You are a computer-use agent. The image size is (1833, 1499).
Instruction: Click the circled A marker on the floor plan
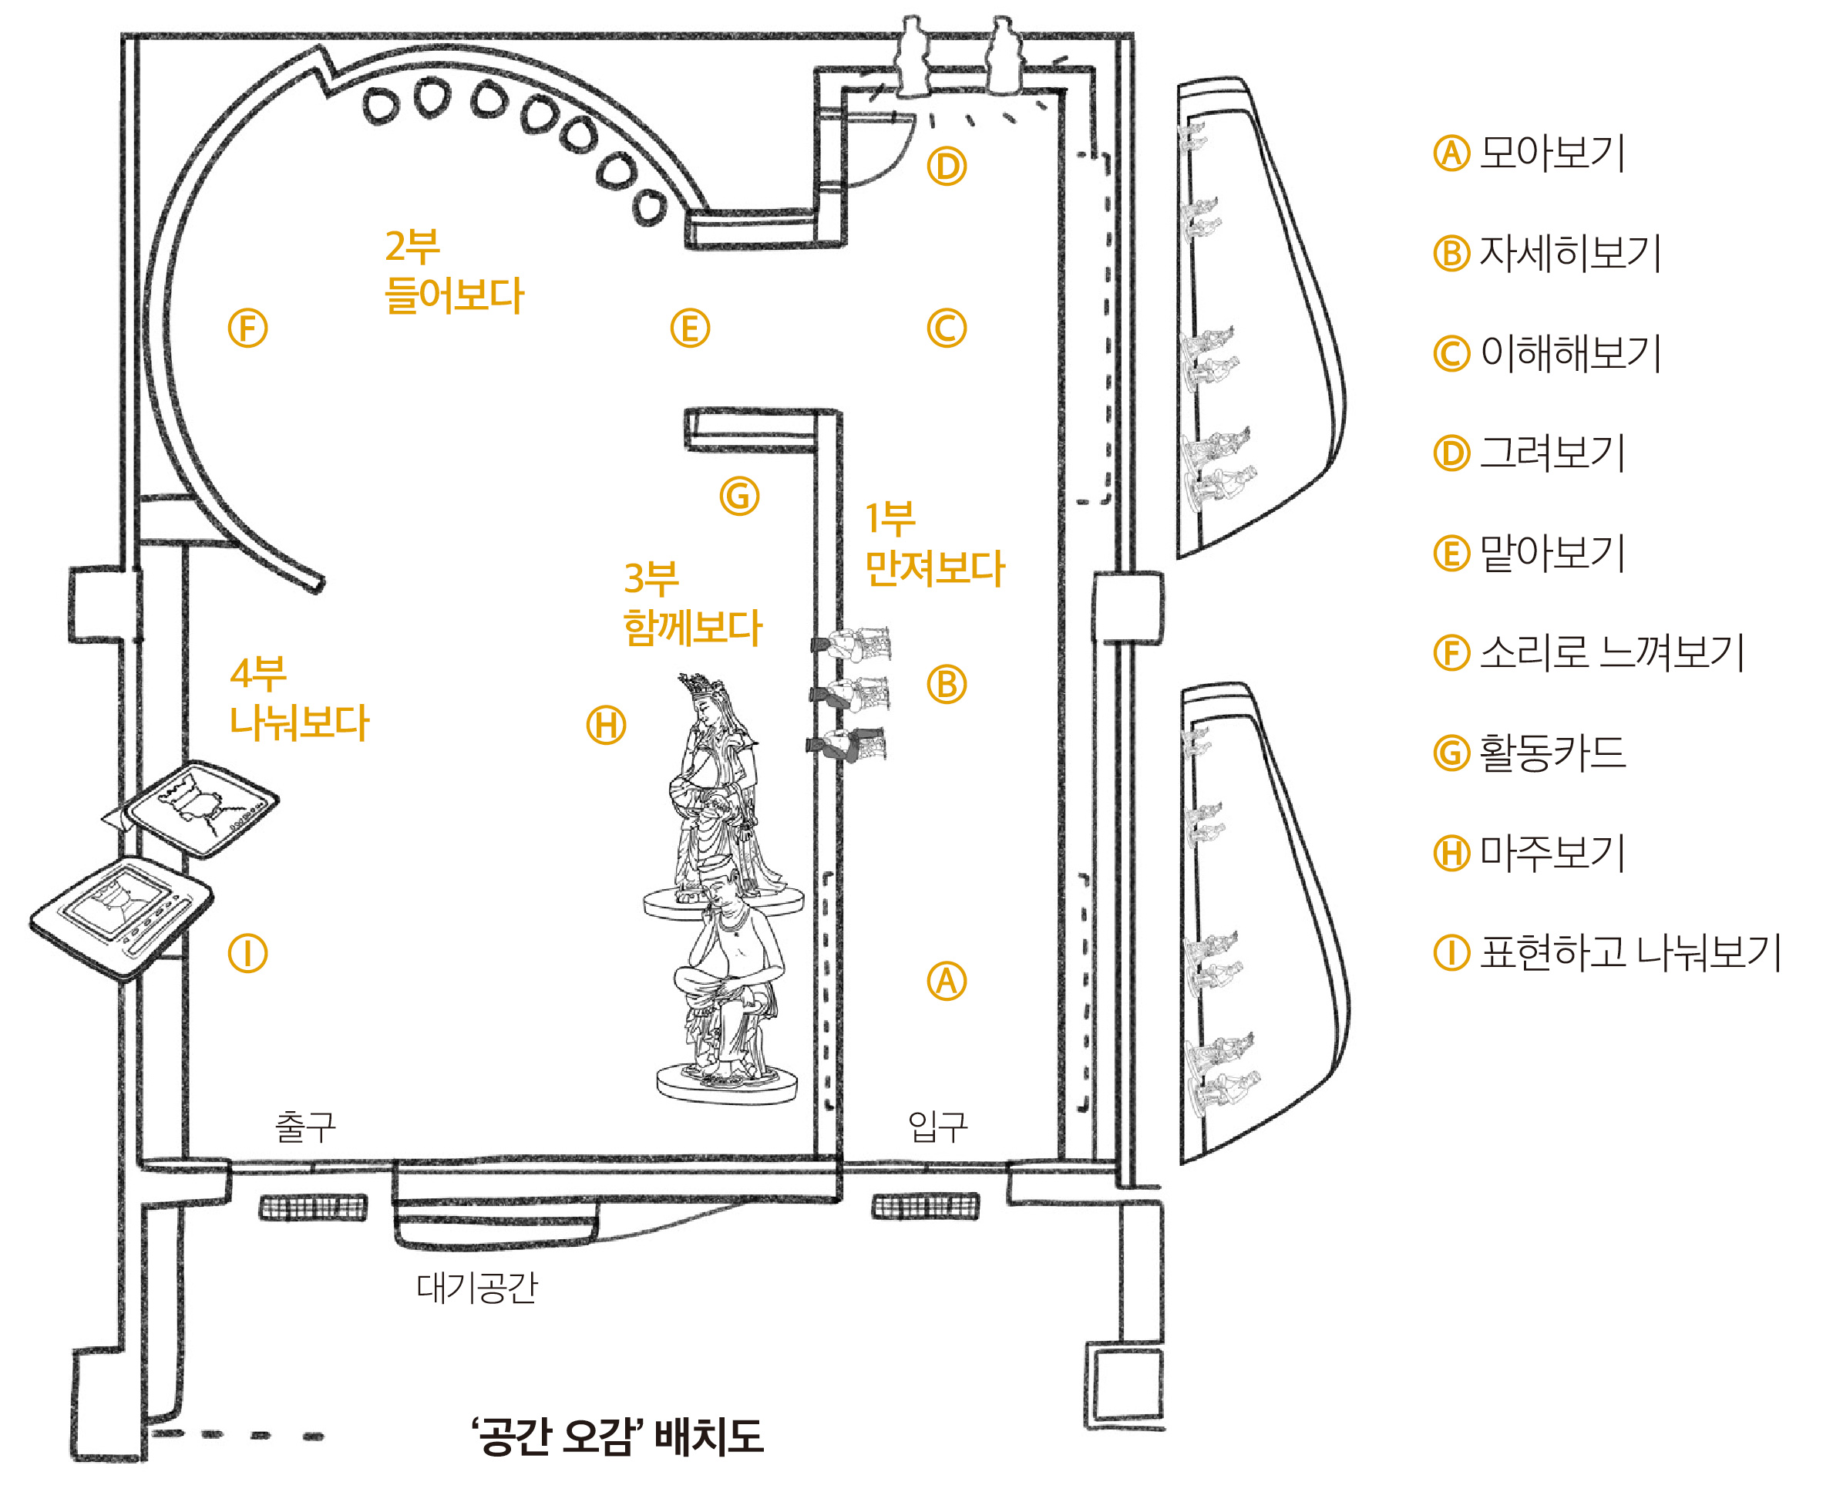pyautogui.click(x=946, y=981)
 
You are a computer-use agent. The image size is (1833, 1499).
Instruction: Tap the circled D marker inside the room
pyautogui.click(x=946, y=167)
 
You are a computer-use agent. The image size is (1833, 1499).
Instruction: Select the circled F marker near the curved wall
pyautogui.click(x=247, y=328)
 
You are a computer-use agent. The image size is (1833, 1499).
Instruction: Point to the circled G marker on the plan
pyautogui.click(x=738, y=497)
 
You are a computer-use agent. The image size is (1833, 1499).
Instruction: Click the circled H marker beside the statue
pyautogui.click(x=606, y=726)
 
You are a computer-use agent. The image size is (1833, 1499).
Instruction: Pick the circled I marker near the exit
pyautogui.click(x=247, y=953)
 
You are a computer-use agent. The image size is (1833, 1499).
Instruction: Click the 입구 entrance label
pyautogui.click(x=937, y=1126)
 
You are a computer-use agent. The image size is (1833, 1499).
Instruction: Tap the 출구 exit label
pyautogui.click(x=304, y=1126)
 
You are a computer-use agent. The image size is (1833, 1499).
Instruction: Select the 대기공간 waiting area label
pyautogui.click(x=476, y=1288)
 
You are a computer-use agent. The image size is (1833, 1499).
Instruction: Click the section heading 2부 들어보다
pyautogui.click(x=453, y=271)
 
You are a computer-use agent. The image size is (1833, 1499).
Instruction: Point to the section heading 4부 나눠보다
pyautogui.click(x=298, y=699)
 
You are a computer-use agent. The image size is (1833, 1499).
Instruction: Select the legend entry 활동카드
pyautogui.click(x=1551, y=753)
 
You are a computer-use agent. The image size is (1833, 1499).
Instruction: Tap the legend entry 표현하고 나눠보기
pyautogui.click(x=1629, y=953)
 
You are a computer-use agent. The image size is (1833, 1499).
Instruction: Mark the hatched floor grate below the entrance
pyautogui.click(x=925, y=1206)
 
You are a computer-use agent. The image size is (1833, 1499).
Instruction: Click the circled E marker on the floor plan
pyautogui.click(x=690, y=328)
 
